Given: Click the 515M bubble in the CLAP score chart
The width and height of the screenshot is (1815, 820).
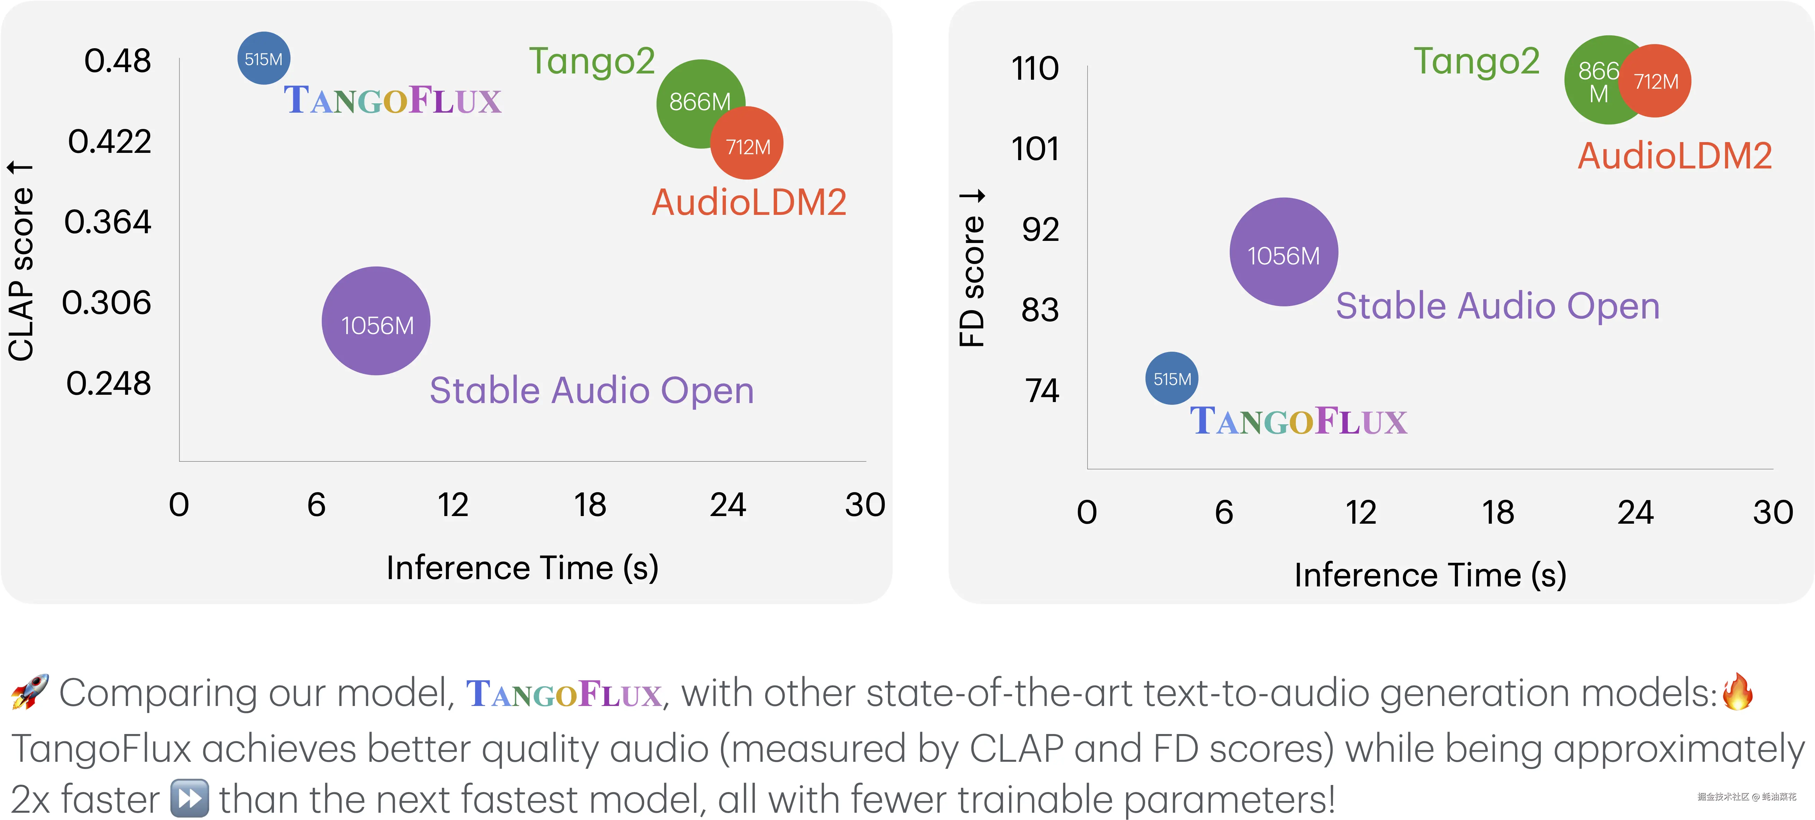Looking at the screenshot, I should [x=264, y=59].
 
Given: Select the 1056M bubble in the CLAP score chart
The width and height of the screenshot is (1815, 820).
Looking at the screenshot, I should [x=376, y=322].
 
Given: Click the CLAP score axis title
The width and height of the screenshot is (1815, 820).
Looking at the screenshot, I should [x=21, y=261].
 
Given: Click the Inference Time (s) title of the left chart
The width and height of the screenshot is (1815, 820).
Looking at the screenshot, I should [x=522, y=568].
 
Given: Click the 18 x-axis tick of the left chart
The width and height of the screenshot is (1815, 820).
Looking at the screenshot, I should [x=590, y=505].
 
